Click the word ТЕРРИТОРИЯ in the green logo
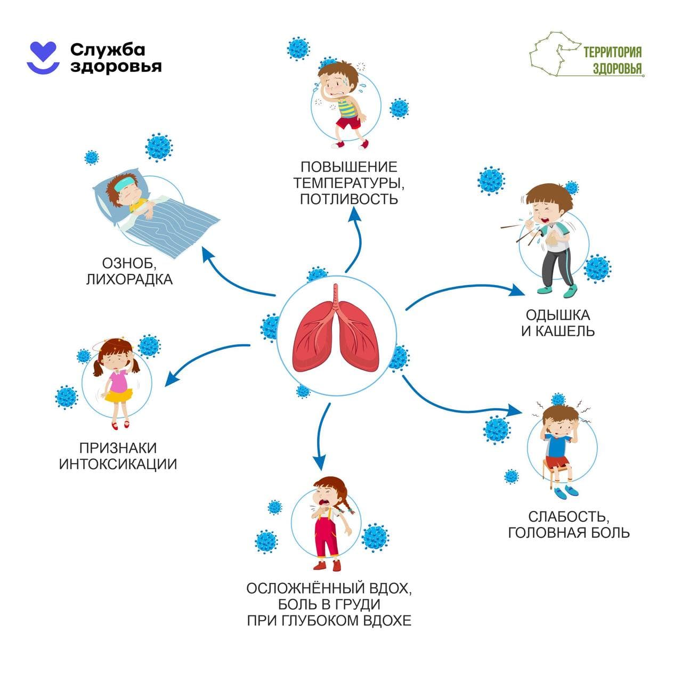(612, 52)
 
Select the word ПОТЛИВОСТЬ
(348, 199)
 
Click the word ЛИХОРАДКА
(129, 279)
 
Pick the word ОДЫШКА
(557, 314)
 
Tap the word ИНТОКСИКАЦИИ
(118, 464)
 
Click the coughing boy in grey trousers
(549, 240)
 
